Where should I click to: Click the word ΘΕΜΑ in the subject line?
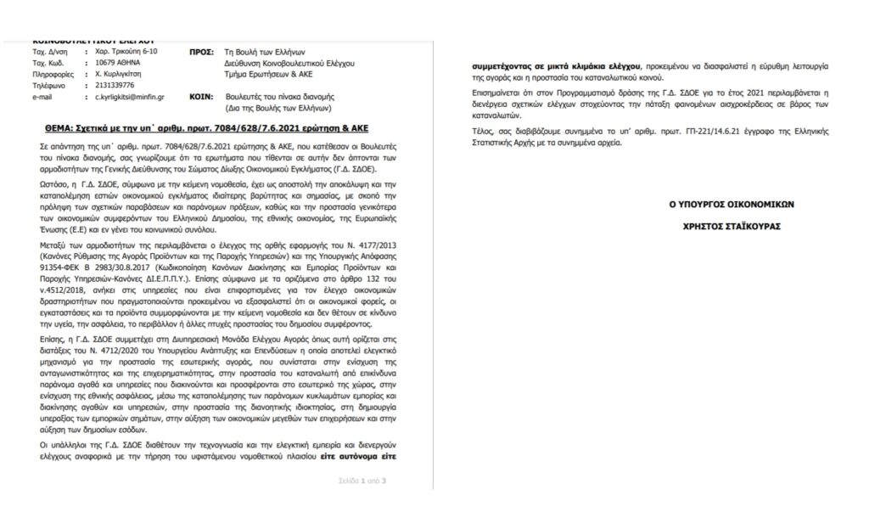click(58, 125)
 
